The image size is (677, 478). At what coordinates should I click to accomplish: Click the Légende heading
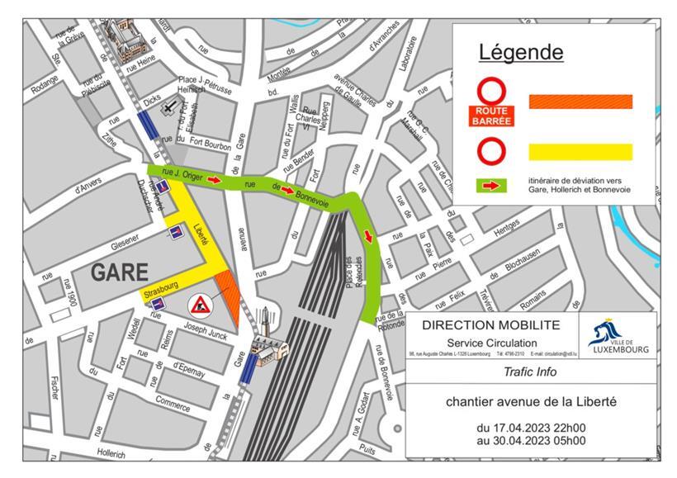click(521, 52)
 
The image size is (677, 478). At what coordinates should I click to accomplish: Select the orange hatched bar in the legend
click(580, 102)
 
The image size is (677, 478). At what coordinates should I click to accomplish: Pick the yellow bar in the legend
click(580, 152)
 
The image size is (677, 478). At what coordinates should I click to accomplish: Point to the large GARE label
click(119, 272)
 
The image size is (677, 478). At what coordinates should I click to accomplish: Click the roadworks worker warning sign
click(201, 305)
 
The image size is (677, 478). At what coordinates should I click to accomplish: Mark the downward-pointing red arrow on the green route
click(368, 237)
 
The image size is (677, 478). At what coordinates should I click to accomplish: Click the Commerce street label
click(173, 405)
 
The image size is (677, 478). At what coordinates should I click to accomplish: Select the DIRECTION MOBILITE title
click(490, 325)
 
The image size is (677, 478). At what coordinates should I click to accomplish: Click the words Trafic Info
click(529, 372)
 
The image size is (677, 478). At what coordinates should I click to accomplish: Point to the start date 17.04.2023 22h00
click(530, 428)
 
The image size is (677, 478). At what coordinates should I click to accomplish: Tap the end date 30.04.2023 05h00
click(530, 441)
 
